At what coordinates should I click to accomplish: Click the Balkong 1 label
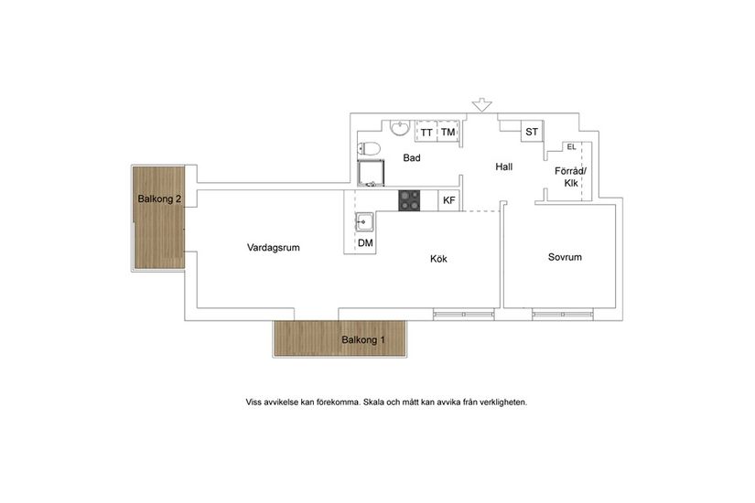pos(363,340)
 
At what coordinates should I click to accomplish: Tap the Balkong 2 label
pos(160,198)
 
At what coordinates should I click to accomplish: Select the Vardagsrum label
pos(273,248)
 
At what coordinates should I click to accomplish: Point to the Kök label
pos(438,259)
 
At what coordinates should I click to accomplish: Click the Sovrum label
pos(565,257)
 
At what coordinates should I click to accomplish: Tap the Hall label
pos(504,166)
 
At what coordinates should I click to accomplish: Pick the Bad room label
pos(412,158)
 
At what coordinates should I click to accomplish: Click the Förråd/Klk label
pos(572,177)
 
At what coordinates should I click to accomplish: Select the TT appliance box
pos(426,133)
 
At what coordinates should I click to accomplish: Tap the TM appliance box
pos(448,133)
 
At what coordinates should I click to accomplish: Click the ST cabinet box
pos(531,133)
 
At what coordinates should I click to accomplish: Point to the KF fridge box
pos(448,200)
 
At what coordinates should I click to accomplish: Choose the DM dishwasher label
pos(365,242)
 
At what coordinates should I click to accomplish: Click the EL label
pos(571,146)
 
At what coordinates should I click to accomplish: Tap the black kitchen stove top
pos(409,199)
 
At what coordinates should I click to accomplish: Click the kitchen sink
pos(364,219)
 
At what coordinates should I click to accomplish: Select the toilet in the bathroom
pos(369,148)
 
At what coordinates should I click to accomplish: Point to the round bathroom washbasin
pos(399,128)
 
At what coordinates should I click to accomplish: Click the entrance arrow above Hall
pos(482,105)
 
